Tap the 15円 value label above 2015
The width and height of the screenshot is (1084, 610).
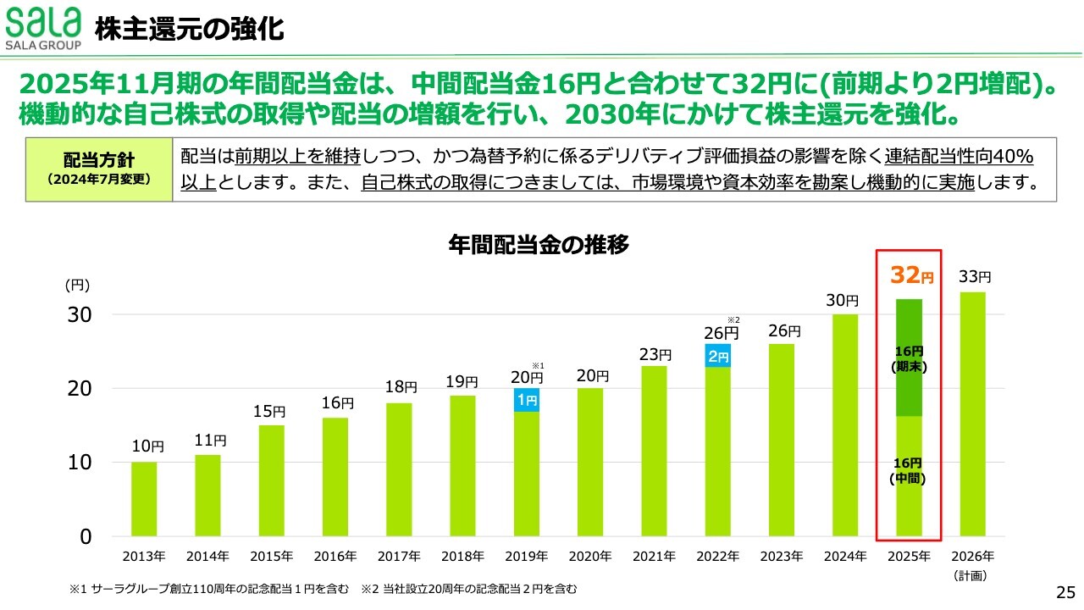coord(271,412)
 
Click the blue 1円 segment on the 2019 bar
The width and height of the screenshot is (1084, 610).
coord(526,400)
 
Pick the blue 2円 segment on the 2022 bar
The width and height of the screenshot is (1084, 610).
coord(717,357)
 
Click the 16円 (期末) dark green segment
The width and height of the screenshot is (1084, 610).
coord(910,358)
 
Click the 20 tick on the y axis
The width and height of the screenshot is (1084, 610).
coord(79,389)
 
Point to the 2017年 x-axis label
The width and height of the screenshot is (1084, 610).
coord(399,557)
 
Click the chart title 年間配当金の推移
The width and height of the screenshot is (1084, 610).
coord(539,245)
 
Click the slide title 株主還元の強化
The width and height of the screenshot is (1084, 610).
coord(189,30)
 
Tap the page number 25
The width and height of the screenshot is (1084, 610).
coord(1065,591)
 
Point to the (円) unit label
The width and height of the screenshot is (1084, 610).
coord(77,286)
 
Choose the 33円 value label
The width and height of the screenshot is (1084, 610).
coord(975,277)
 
